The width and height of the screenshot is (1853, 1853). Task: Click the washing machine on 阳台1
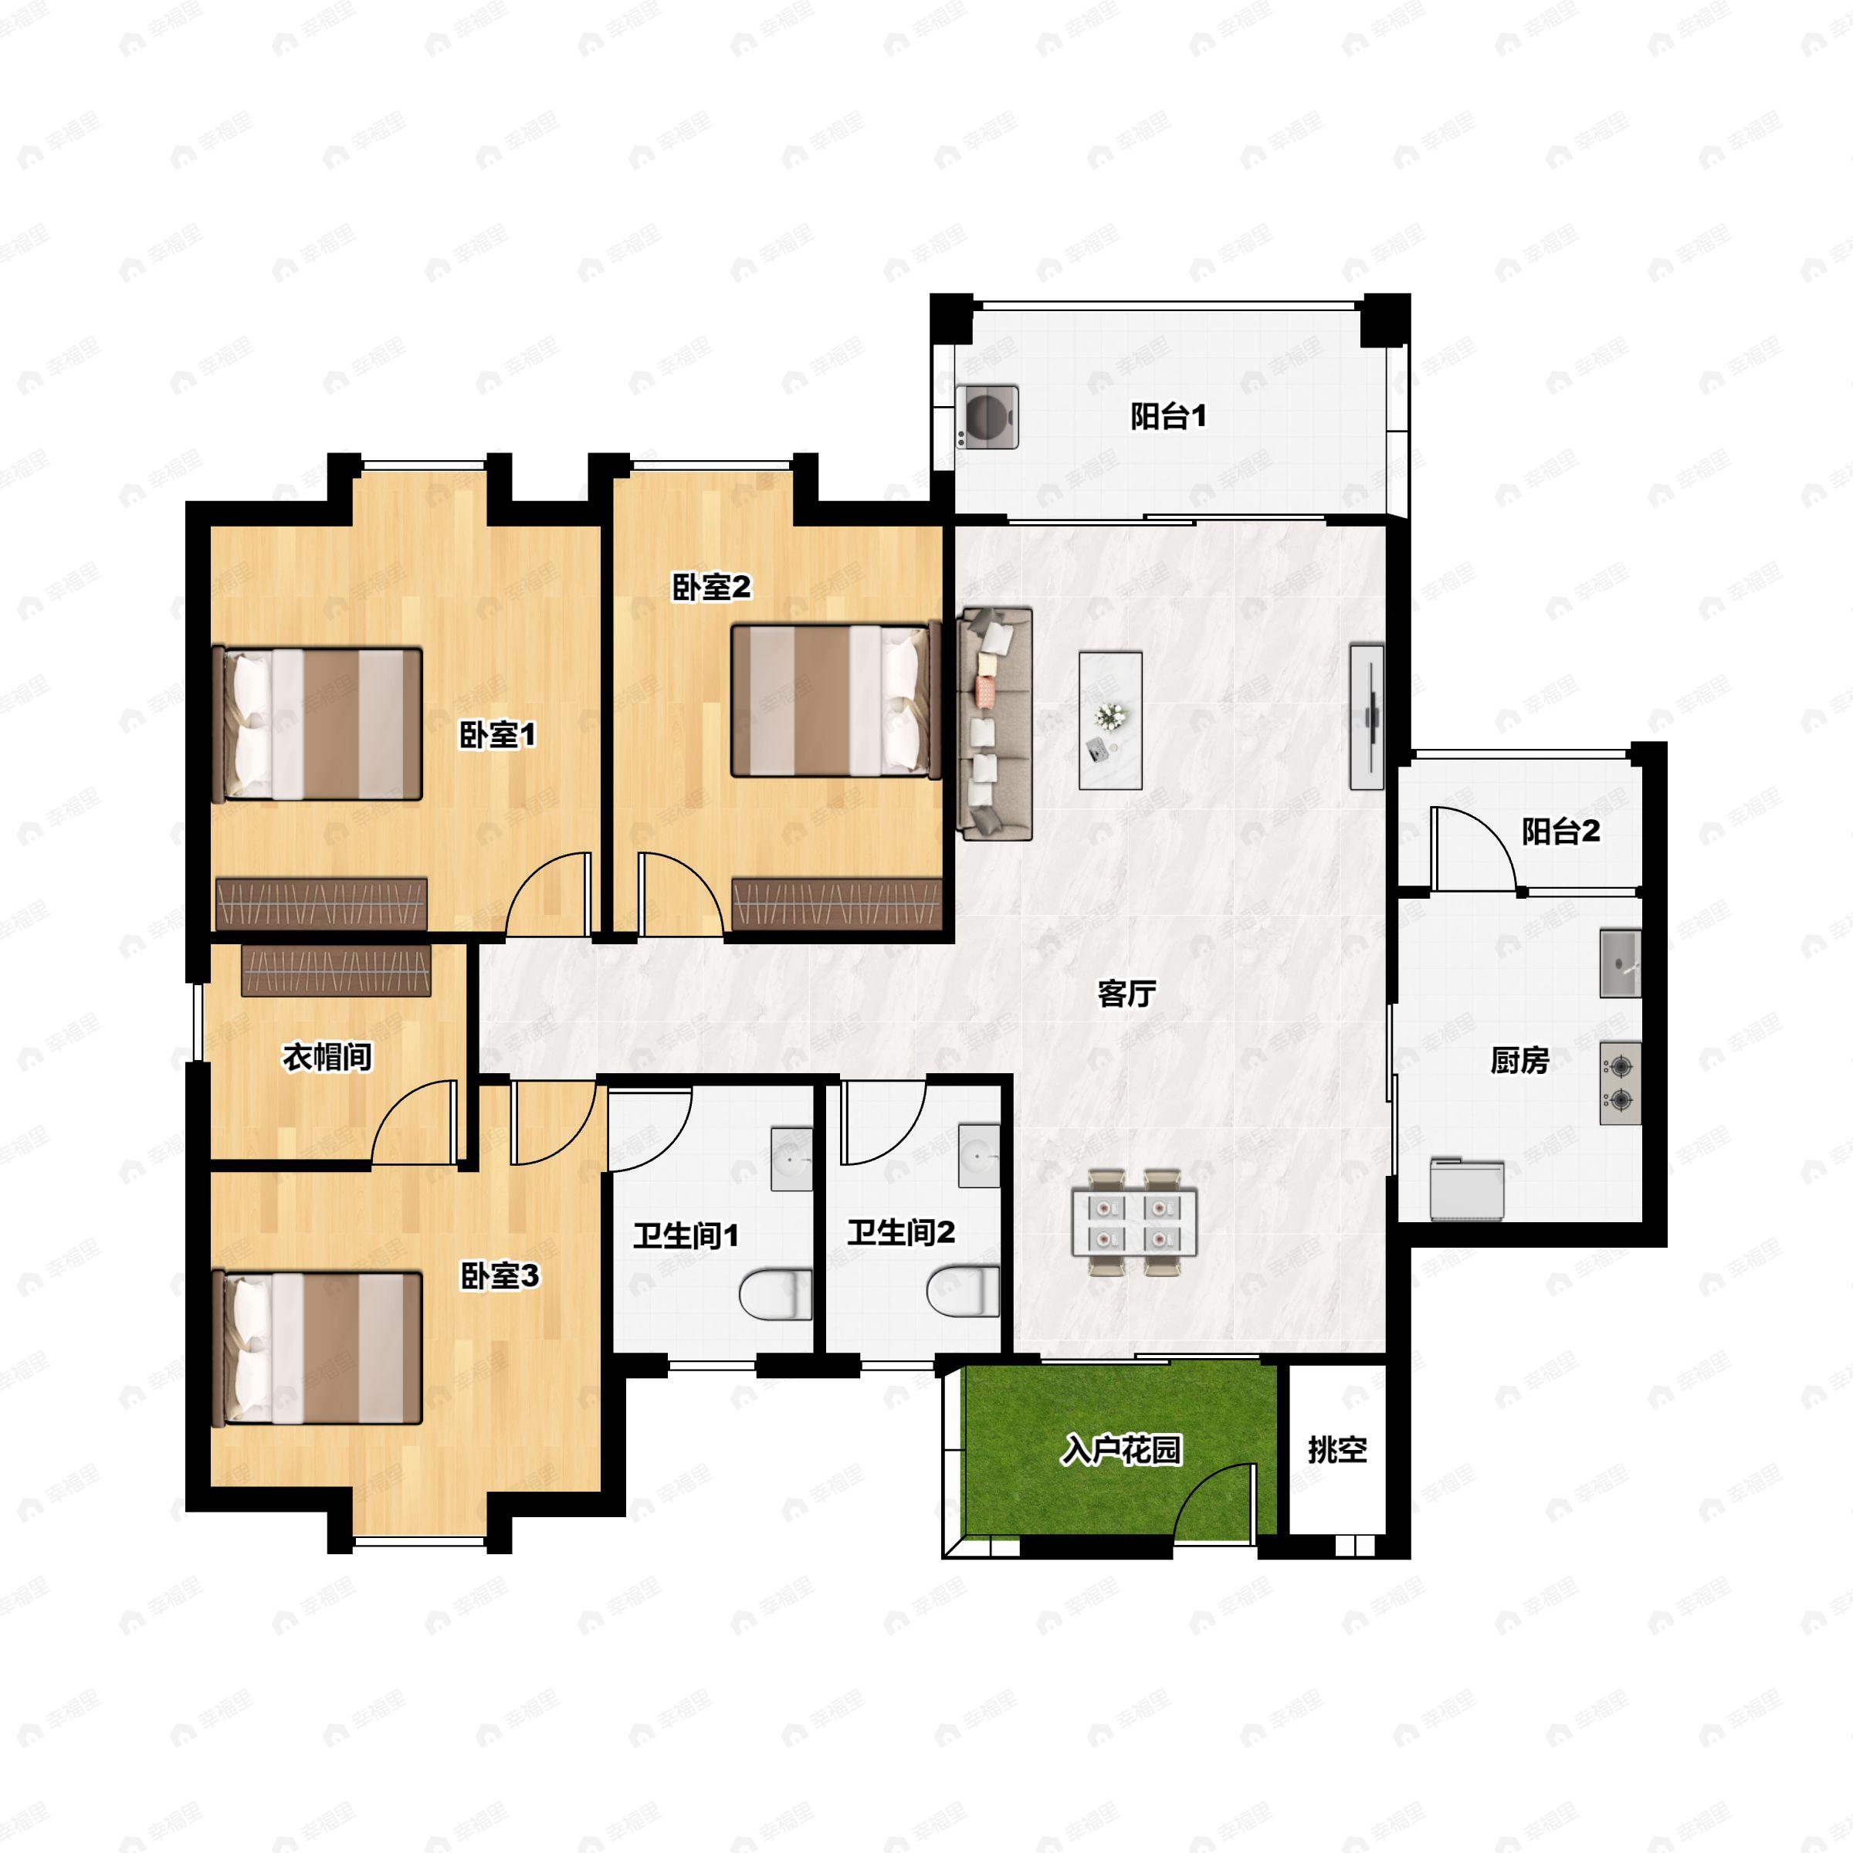coord(987,416)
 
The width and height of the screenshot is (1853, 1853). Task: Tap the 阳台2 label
coord(1560,831)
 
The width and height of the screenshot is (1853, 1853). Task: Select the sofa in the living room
coord(994,723)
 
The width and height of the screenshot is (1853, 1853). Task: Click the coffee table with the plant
coord(1109,720)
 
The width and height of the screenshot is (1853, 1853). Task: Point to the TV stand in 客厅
coord(1367,717)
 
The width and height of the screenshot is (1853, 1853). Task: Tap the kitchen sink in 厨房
coord(1620,962)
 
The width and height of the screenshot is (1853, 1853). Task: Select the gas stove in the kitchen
coord(1620,1082)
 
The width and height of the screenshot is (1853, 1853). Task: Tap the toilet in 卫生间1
coord(776,1295)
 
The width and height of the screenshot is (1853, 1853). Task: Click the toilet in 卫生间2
coord(964,1291)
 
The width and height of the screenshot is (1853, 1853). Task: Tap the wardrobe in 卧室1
coord(321,903)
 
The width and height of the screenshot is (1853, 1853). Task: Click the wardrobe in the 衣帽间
coord(336,971)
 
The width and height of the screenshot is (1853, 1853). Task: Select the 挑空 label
coord(1337,1449)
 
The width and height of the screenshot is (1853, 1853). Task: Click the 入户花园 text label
coord(1120,1449)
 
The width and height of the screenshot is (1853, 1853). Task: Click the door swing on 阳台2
coord(1473,850)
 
